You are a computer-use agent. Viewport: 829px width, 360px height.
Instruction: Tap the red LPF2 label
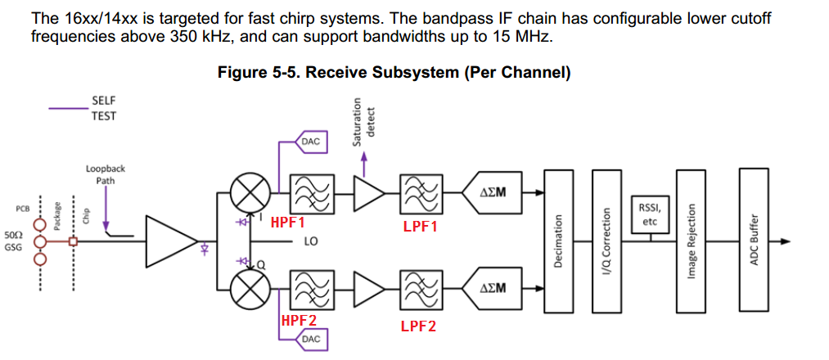[418, 326]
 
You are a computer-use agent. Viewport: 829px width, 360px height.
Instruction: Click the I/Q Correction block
[606, 241]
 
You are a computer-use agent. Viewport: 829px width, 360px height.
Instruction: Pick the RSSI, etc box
[650, 214]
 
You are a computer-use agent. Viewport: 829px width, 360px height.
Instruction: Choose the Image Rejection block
[692, 241]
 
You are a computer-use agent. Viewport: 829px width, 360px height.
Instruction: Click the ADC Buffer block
[755, 241]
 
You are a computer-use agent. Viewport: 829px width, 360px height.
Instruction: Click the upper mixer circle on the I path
[246, 194]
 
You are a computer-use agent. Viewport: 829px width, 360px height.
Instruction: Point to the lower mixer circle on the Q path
[246, 288]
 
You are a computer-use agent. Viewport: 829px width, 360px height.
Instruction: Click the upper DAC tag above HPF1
[311, 142]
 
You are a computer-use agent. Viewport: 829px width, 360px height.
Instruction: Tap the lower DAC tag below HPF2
[311, 339]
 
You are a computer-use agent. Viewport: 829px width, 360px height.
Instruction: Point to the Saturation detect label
[362, 122]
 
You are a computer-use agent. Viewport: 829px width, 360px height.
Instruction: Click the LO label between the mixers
[311, 242]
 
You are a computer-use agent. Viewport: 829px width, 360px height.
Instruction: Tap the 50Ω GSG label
[14, 241]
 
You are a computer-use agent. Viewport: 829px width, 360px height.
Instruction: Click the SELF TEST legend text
[104, 108]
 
